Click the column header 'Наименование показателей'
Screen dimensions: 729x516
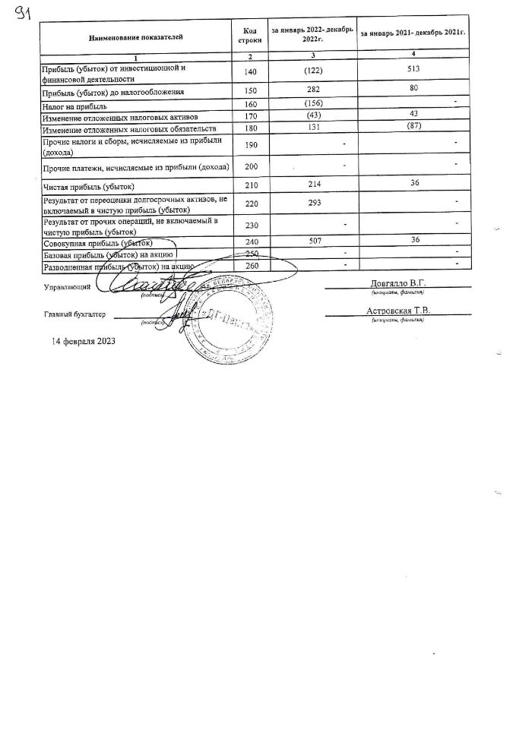click(x=135, y=36)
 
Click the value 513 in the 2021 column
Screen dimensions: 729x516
click(x=412, y=70)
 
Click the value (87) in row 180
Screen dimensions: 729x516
click(x=413, y=127)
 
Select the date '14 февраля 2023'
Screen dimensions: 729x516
click(x=84, y=341)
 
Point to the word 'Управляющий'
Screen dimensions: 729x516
click(x=68, y=288)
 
